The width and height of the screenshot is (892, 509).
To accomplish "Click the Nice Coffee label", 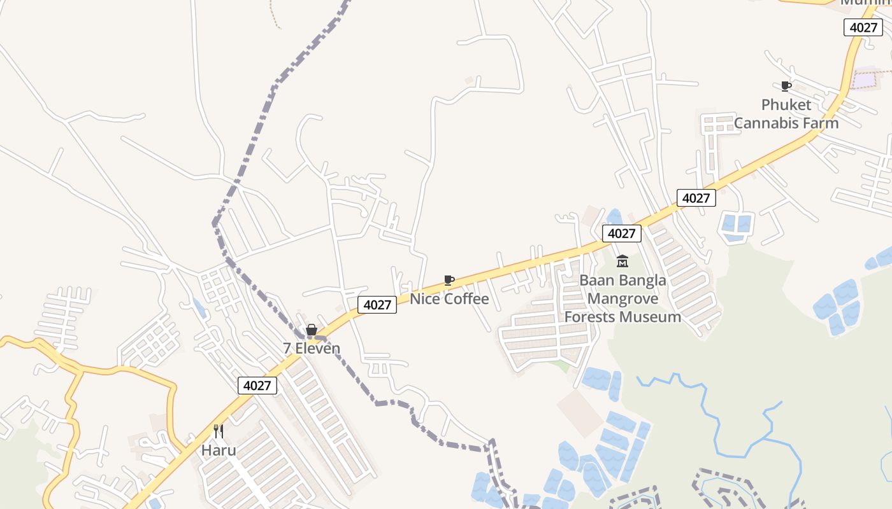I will [x=449, y=299].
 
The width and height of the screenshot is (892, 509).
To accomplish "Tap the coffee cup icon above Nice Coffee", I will [x=449, y=280].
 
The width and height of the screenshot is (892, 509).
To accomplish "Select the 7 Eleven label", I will [x=312, y=349].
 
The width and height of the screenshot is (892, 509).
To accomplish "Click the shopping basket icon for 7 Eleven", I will [x=312, y=330].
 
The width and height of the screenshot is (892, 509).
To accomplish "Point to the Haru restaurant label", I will [x=219, y=450].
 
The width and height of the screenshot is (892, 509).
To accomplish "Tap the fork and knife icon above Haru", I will [x=219, y=431].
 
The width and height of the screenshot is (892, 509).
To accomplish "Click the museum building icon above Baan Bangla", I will [x=622, y=261].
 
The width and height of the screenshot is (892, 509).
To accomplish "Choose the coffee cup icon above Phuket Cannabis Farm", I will [x=786, y=86].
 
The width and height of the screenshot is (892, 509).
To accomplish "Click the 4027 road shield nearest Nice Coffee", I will [x=377, y=305].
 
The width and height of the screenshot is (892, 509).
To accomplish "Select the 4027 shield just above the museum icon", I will [x=621, y=234].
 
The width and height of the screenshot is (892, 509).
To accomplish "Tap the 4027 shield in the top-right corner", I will [x=863, y=27].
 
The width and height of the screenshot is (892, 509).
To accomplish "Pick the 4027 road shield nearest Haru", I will [x=258, y=385].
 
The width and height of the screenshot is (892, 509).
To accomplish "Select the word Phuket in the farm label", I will [x=786, y=104].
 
